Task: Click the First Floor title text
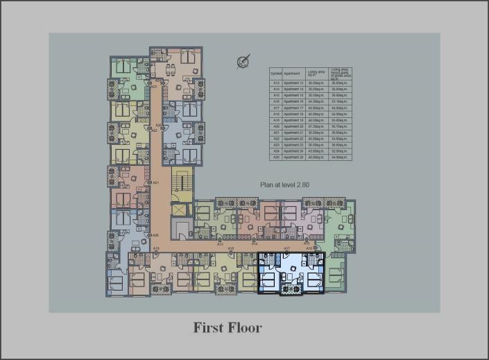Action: [x=228, y=327]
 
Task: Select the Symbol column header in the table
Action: [x=275, y=73]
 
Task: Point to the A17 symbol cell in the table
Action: [x=275, y=108]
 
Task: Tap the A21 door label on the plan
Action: [x=156, y=182]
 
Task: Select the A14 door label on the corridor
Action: [x=255, y=244]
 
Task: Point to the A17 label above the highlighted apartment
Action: [x=286, y=248]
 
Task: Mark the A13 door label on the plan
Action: [x=220, y=244]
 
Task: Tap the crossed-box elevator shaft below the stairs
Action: [x=180, y=209]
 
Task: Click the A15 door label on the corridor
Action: [x=307, y=244]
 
